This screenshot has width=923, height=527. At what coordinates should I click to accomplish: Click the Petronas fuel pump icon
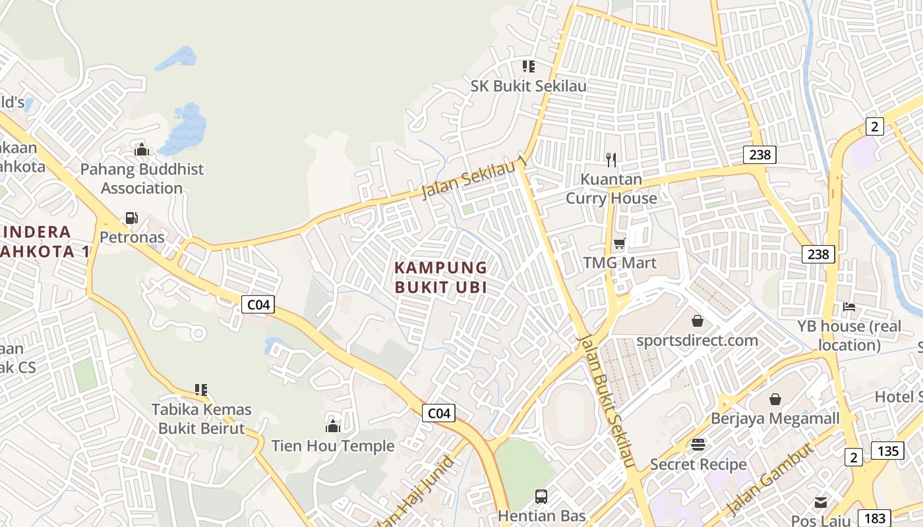(131, 218)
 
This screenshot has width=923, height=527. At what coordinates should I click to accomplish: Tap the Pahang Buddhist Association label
(142, 179)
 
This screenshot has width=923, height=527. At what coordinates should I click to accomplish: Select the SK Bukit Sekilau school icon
(528, 67)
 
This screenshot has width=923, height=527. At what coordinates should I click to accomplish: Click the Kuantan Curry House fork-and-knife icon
(611, 159)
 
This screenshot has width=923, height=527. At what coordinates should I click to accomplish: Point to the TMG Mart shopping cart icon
(619, 244)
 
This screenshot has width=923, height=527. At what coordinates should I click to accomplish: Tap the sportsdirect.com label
(697, 341)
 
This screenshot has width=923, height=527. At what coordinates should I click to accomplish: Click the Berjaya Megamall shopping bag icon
(775, 399)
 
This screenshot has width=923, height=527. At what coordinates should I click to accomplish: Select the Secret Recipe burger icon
(698, 445)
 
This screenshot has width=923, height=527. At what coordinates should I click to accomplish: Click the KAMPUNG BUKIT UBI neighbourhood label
(440, 277)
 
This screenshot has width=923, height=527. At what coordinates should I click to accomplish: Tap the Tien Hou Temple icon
(333, 426)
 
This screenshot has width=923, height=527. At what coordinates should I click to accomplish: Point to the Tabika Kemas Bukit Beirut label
(201, 419)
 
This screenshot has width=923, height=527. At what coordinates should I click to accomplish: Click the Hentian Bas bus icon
(541, 496)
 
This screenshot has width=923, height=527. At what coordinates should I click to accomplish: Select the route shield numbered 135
(887, 451)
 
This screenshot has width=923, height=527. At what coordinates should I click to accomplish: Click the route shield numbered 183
(874, 518)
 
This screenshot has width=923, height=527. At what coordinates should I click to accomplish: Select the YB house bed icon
(849, 307)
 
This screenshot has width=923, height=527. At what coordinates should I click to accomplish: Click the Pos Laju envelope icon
(820, 503)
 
